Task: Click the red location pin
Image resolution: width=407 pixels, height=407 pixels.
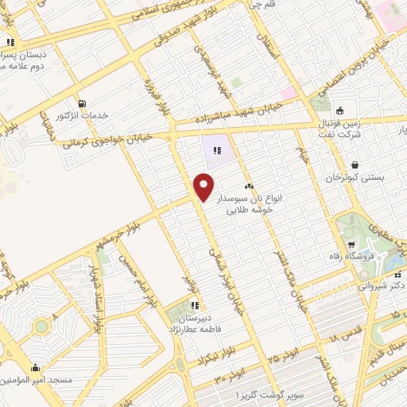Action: click(x=203, y=186)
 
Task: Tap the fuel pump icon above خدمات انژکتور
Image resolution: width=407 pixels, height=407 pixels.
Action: click(x=83, y=103)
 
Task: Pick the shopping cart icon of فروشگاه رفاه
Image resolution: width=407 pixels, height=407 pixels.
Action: click(x=351, y=244)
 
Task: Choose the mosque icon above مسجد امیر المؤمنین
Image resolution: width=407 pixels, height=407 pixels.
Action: click(x=35, y=367)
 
